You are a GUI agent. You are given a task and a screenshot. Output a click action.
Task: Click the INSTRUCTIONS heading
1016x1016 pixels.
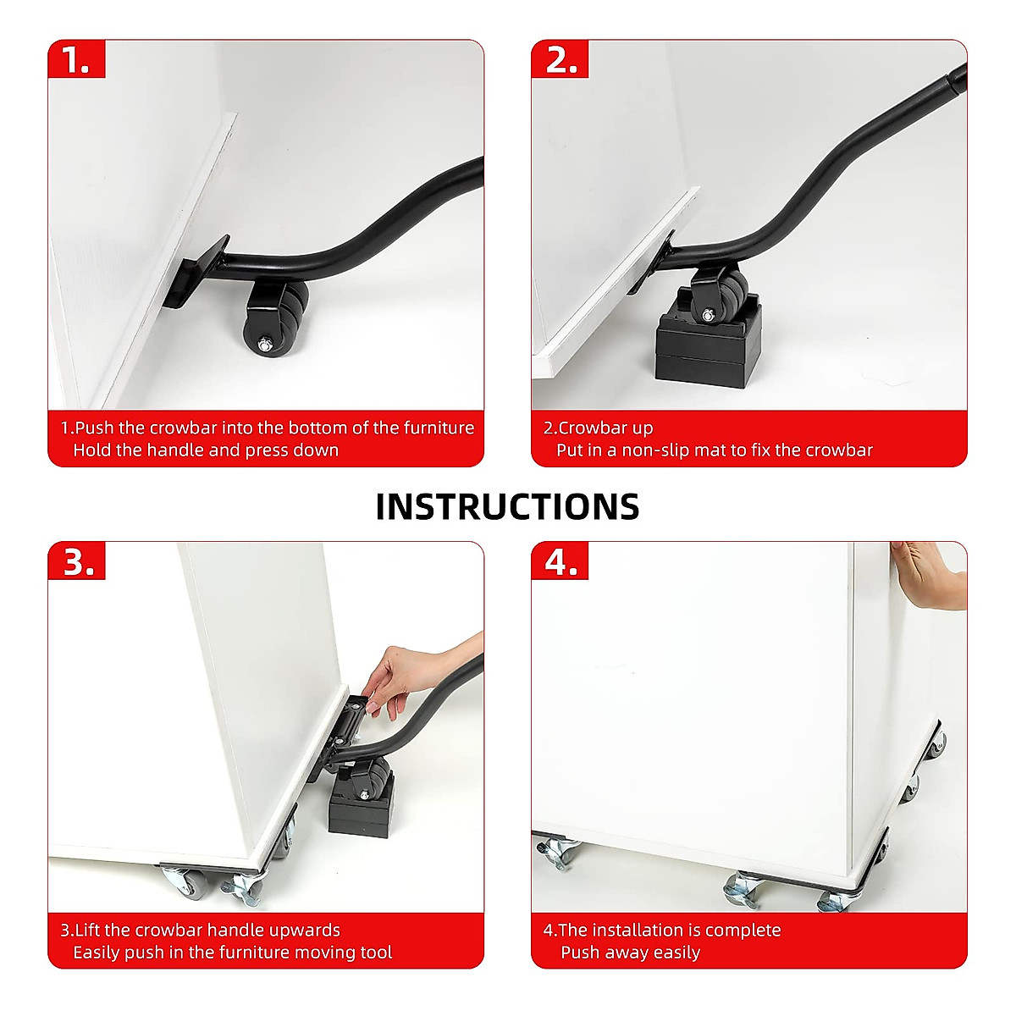[x=507, y=506]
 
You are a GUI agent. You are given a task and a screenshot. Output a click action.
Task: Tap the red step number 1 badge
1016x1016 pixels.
[x=77, y=60]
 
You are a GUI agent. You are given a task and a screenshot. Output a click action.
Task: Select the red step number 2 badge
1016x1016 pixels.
[x=560, y=60]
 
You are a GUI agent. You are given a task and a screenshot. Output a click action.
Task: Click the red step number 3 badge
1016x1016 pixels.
[x=78, y=561]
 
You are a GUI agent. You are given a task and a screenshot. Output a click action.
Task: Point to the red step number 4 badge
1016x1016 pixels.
[x=560, y=561]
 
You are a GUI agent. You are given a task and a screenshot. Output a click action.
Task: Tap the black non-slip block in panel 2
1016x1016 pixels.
[x=708, y=347]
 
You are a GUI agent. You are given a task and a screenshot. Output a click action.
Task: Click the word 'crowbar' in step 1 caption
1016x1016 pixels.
[x=174, y=428]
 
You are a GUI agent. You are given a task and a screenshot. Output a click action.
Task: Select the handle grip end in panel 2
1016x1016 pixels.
[x=956, y=78]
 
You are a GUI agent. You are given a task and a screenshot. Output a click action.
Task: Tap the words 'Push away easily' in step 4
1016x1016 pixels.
[x=630, y=952]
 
